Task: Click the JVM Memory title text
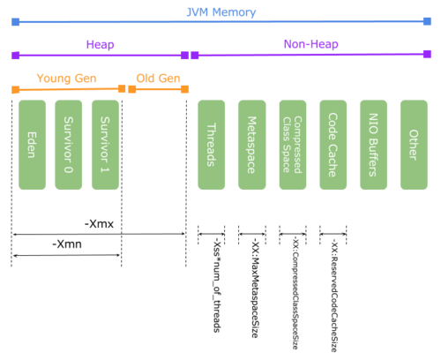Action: point(220,12)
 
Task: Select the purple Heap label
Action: point(100,44)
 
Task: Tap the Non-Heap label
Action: point(310,44)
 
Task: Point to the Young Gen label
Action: point(66,79)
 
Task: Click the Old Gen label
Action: point(158,79)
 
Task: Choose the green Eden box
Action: point(32,145)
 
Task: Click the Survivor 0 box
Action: point(69,145)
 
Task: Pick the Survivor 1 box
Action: point(105,145)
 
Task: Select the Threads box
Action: point(212,145)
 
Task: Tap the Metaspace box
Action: point(251,145)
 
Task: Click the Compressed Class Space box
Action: point(293,145)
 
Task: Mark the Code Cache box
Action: point(333,145)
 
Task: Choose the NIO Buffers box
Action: point(373,145)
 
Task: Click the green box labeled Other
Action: point(414,145)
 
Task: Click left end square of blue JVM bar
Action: point(16,22)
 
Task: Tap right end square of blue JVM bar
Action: point(427,21)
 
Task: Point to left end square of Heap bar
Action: point(16,56)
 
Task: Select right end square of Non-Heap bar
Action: point(427,54)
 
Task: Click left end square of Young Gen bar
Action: point(16,89)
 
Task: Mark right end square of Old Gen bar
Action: point(184,89)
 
